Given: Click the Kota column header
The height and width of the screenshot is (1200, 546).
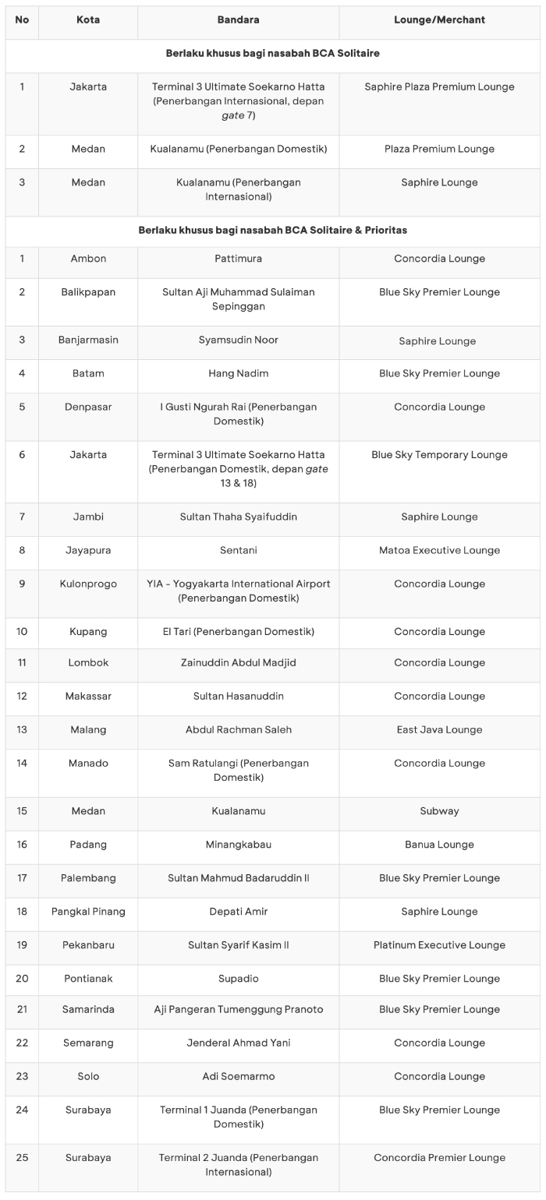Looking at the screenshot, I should (88, 19).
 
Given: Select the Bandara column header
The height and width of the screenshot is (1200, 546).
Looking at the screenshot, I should (238, 19).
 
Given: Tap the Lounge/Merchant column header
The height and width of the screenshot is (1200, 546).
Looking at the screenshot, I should (439, 19).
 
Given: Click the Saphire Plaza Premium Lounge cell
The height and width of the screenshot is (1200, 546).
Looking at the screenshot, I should (439, 86).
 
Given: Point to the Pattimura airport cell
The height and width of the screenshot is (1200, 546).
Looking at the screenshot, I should (238, 259).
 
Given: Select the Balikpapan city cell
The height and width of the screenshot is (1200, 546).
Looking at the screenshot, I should (88, 292).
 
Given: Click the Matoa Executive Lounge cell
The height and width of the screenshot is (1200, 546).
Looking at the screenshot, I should (439, 550).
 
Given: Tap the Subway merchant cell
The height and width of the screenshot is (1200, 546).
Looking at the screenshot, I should (439, 811).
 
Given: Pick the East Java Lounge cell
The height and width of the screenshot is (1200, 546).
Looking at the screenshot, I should (439, 730).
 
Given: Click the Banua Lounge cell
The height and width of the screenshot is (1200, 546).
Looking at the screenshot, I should (439, 845).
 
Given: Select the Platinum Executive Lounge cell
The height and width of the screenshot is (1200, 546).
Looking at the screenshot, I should (439, 945).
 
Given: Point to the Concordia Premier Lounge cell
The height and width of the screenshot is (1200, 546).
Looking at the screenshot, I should (439, 1158).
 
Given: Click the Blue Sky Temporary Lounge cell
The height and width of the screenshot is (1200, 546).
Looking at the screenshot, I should (439, 455).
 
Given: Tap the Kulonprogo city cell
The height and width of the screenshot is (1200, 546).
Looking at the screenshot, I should (88, 584).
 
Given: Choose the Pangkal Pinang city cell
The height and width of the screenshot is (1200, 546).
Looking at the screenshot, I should (88, 912).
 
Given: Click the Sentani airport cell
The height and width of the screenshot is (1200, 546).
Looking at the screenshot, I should (238, 550).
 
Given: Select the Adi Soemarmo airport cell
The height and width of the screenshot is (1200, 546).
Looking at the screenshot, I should (238, 1077).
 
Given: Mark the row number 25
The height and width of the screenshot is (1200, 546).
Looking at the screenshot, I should (22, 1158).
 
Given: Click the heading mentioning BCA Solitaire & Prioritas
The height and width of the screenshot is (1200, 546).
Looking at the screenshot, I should (272, 231).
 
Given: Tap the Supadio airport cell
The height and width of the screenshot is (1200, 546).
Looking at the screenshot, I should (238, 979).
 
